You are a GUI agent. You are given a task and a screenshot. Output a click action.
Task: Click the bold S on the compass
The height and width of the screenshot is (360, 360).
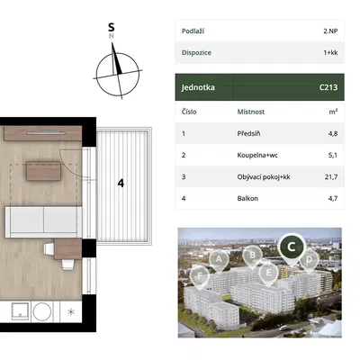112,27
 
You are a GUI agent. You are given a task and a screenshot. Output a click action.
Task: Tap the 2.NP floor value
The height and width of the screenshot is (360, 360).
330,31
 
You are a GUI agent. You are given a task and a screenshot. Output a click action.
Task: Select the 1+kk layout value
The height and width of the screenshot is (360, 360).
330,52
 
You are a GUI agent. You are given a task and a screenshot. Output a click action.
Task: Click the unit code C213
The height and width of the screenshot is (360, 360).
328,87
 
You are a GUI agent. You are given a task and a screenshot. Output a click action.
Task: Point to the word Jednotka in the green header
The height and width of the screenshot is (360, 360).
198,87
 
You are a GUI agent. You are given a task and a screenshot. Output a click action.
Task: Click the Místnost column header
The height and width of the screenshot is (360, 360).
251,112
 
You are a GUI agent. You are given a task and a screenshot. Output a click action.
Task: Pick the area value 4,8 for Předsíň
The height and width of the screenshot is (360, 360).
333,133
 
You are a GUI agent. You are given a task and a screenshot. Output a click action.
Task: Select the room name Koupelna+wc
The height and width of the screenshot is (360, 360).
257,155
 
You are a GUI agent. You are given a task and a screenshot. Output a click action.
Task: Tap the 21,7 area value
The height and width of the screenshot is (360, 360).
331,177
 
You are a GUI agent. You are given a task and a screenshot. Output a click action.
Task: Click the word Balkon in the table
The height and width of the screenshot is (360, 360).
247,198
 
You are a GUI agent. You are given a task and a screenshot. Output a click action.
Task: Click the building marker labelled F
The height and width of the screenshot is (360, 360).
200,276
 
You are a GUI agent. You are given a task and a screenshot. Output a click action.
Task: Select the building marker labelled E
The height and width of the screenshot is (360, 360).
268,274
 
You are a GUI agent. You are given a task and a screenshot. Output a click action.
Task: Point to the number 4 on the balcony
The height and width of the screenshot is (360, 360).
121,184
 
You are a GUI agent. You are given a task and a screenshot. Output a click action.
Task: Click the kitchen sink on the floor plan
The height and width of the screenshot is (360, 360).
21,311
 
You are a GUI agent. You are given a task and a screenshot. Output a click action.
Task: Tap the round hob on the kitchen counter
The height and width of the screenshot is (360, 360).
42,311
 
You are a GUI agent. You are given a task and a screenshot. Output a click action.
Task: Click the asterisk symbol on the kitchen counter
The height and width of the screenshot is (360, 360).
71,312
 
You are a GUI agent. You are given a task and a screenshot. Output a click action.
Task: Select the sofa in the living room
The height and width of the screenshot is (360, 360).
43,222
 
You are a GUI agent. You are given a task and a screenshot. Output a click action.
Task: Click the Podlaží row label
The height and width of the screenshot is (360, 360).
193,31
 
